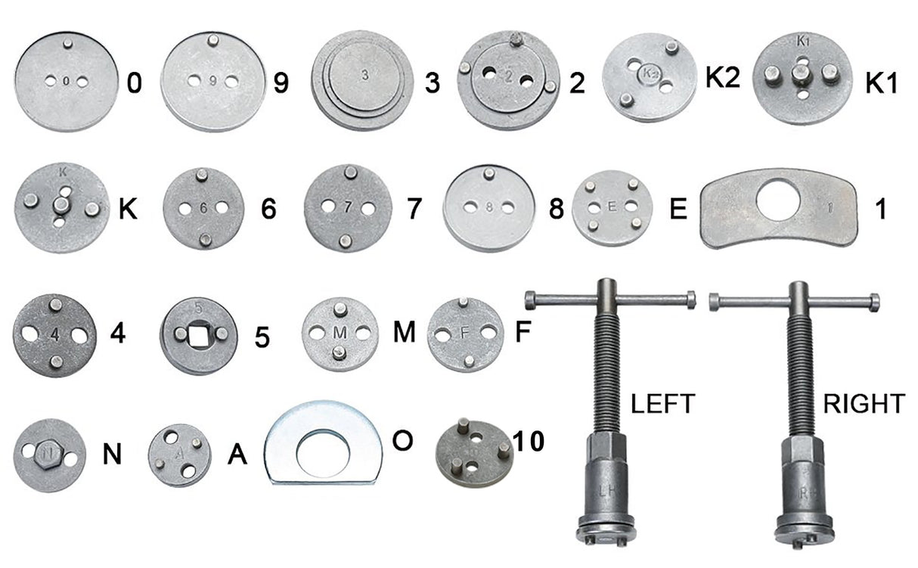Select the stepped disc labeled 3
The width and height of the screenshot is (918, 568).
coord(363,80)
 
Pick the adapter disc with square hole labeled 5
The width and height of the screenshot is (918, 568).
coord(199,336)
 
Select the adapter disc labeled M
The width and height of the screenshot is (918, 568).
coord(340,333)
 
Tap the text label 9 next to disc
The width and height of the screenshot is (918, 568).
coord(281,82)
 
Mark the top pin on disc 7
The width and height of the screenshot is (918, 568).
coord(349,172)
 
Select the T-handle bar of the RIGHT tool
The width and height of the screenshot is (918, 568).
coord(793,302)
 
